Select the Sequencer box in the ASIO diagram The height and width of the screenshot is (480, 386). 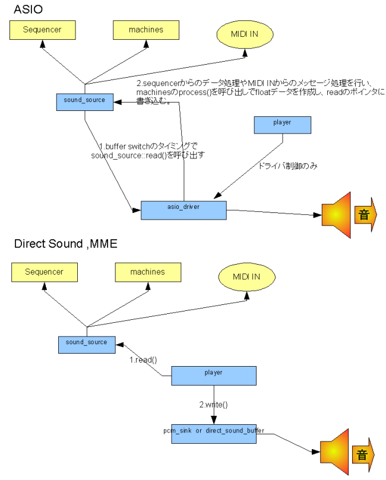(42, 29)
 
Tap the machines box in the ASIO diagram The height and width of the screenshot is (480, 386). (146, 29)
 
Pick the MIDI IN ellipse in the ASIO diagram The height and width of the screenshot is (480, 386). (245, 35)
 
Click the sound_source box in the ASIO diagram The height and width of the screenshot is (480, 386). (86, 101)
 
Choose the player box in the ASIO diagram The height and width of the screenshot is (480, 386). (281, 124)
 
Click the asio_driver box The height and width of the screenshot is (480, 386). (183, 210)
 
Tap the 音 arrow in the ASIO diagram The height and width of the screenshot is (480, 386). (365, 214)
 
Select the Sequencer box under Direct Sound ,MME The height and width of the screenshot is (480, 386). (44, 272)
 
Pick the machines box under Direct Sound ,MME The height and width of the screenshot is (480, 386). (148, 272)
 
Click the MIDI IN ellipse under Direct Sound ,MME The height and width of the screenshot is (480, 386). (246, 277)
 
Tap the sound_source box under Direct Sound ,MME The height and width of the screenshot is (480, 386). (87, 344)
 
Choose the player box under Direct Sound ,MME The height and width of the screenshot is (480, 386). (214, 375)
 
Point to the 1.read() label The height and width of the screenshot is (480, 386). (143, 360)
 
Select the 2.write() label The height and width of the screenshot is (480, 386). (213, 404)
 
